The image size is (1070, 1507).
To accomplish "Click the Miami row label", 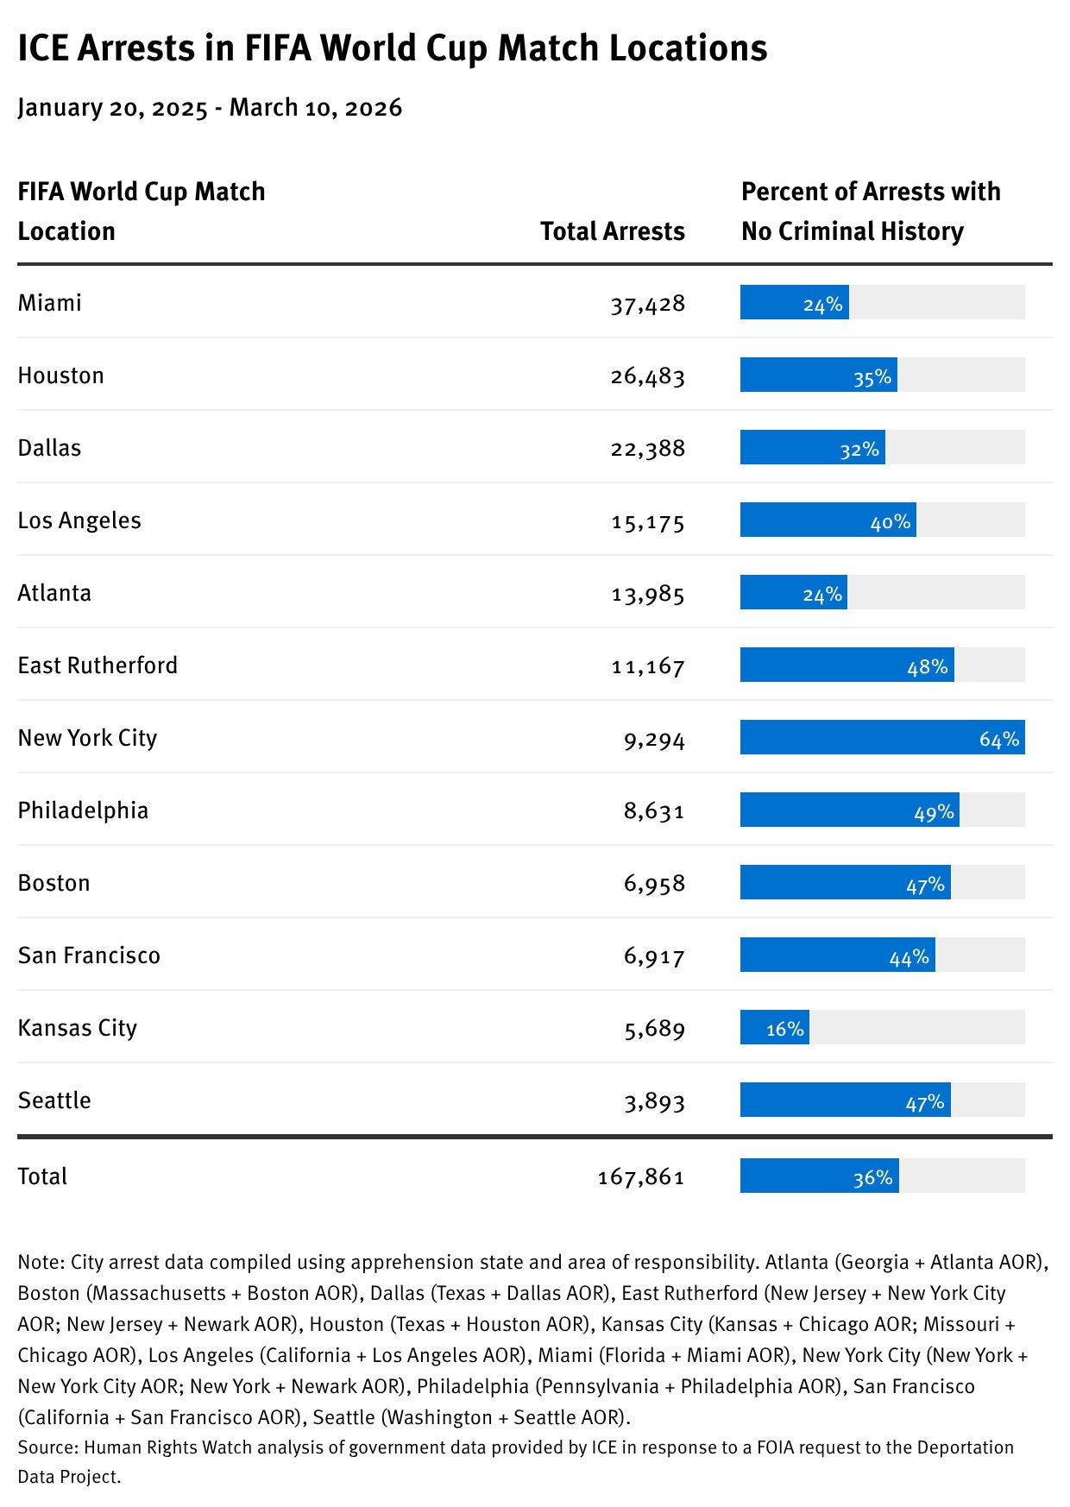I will coord(49,303).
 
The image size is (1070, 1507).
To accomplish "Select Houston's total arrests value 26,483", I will coord(647,376).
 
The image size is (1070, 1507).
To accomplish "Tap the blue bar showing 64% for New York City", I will coord(882,737).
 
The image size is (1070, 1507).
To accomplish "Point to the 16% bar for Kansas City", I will coord(774,1027).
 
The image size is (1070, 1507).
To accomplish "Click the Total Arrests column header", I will coord(612,231).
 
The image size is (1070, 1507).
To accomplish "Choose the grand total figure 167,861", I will coord(640,1177).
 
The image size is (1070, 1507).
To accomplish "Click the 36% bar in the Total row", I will coord(819,1176).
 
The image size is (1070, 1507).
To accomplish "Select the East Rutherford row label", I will coord(98,665).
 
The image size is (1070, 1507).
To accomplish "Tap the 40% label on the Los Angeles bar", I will coord(890,521).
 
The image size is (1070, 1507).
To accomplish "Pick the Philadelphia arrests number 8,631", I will coord(654,811).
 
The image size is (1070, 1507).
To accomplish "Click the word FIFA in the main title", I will coord(277,48).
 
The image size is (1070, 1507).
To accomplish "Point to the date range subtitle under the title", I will coord(210,108).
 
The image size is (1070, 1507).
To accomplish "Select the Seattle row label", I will coord(54,1100).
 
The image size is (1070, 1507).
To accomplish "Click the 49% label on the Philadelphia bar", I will coord(934,811).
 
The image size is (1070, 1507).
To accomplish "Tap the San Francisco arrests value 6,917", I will coord(654,956).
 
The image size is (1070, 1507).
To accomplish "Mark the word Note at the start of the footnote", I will coord(39,1262).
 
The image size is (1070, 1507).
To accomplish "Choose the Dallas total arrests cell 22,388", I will coord(647,449).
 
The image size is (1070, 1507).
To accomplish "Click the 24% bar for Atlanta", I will coord(793,593).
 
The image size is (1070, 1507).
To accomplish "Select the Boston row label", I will coord(53,883).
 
